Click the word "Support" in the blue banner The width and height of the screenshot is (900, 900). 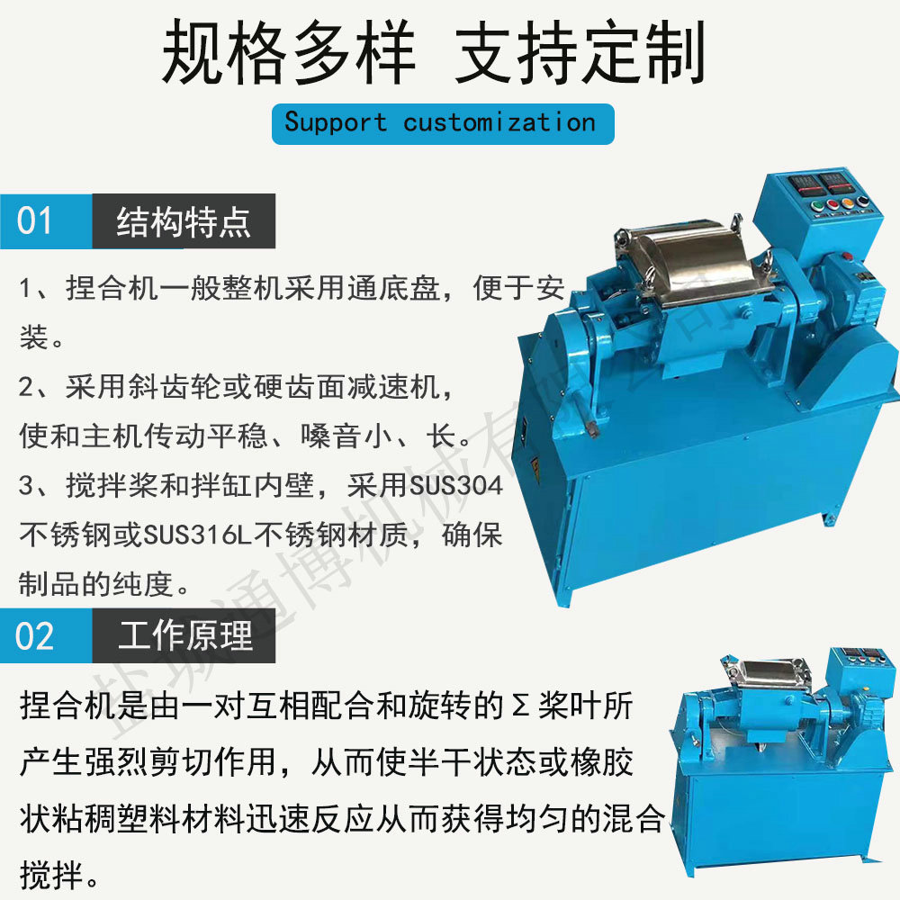[x=335, y=123]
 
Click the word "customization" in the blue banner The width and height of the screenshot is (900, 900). [x=499, y=122]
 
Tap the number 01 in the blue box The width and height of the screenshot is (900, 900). [x=34, y=221]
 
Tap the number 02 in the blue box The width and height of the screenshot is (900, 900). [x=35, y=636]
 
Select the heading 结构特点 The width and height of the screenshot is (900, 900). [x=184, y=221]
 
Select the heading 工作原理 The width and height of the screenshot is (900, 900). [x=184, y=635]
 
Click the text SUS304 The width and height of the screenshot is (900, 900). [x=456, y=486]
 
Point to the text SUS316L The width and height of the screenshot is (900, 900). [x=197, y=535]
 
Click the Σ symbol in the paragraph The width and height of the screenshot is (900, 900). [x=519, y=706]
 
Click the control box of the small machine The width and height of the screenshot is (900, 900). [x=859, y=674]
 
